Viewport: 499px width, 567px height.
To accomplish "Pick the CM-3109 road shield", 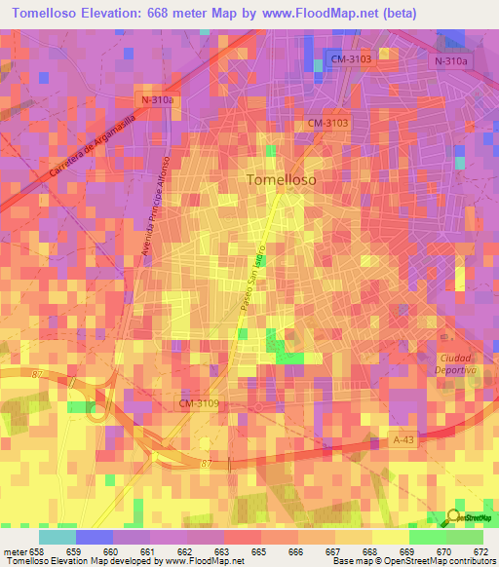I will click(200, 402).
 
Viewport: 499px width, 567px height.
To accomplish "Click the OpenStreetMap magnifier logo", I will click(456, 518).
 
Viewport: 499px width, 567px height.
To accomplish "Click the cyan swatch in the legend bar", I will click(57, 537).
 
